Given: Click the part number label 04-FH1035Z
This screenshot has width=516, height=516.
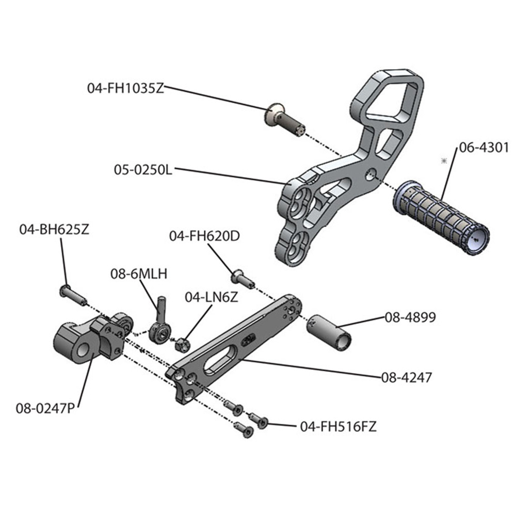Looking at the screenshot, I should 125,87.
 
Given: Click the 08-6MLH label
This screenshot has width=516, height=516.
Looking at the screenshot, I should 138,274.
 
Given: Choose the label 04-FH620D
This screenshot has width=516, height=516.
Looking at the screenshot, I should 204,236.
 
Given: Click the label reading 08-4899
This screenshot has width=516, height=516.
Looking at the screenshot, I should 409,317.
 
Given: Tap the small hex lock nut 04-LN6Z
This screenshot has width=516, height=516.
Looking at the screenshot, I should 182,342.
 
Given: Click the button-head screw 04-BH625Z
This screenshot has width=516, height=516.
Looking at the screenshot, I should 73,295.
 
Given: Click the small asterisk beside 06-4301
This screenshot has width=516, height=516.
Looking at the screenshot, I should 443,162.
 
